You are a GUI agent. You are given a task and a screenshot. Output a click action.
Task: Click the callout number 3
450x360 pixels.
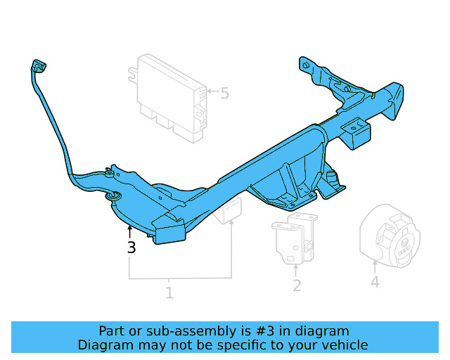[131, 247]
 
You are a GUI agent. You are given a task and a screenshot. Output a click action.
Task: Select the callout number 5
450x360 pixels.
[224, 93]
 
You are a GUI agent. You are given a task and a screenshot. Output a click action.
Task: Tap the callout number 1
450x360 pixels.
[169, 292]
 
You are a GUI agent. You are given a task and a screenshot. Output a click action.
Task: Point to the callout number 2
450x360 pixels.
[297, 285]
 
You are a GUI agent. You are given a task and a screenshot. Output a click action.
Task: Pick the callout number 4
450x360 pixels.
[375, 282]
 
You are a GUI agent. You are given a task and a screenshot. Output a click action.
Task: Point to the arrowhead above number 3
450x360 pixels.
[129, 229]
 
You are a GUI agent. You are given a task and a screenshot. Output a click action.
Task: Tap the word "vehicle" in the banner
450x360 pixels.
[344, 345]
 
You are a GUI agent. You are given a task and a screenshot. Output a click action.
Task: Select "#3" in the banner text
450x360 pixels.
[266, 331]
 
